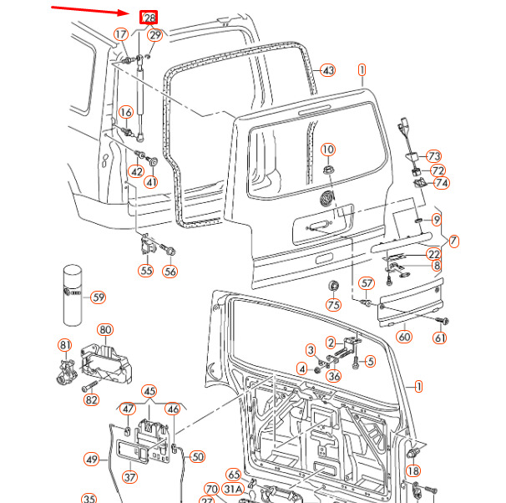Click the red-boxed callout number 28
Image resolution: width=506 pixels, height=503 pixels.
[149, 18]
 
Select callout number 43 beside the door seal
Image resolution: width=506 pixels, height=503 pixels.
[328, 70]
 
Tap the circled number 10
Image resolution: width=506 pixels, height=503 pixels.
[328, 150]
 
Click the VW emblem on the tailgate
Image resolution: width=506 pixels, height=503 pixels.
[329, 199]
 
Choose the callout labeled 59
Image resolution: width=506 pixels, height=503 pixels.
[99, 297]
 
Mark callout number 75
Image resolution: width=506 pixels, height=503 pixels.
[333, 305]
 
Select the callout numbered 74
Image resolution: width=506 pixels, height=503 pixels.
[440, 183]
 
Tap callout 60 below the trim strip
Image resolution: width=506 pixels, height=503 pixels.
[404, 337]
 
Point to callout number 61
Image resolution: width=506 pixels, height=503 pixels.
[439, 338]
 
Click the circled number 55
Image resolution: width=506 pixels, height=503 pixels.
[146, 271]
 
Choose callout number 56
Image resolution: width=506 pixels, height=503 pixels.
[170, 271]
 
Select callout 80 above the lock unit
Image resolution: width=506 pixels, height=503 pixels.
[105, 330]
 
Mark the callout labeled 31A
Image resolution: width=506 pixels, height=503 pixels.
[233, 489]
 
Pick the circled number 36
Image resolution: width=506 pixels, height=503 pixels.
[333, 376]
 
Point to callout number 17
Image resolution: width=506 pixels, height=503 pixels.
[122, 34]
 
